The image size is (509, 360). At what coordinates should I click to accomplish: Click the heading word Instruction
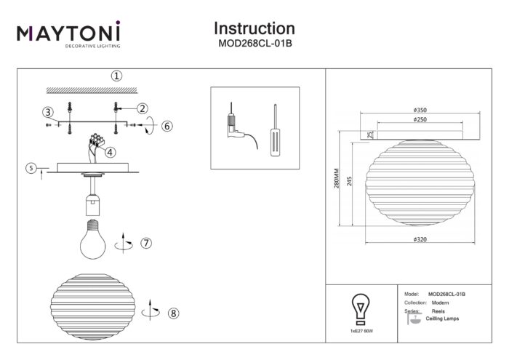[x=254, y=28]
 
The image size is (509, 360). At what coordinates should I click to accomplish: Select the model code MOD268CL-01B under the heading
[x=254, y=44]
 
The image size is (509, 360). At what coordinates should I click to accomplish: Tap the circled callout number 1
[x=116, y=76]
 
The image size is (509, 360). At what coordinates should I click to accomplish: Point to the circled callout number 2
[x=143, y=108]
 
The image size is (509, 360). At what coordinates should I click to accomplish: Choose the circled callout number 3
[x=47, y=112]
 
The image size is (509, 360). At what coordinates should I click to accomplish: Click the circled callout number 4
[x=109, y=153]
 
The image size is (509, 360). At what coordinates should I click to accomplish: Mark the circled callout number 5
[x=31, y=168]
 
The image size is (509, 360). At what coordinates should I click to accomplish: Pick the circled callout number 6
[x=167, y=126]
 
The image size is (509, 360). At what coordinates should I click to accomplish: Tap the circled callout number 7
[x=145, y=242]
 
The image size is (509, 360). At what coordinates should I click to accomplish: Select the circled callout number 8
[x=172, y=313]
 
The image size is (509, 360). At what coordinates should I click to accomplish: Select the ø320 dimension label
[x=419, y=239]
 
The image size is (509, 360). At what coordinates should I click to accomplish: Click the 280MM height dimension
[x=336, y=180]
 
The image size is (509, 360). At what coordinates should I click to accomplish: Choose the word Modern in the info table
[x=440, y=301]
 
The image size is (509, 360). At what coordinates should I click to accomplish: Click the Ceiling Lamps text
[x=442, y=319]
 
